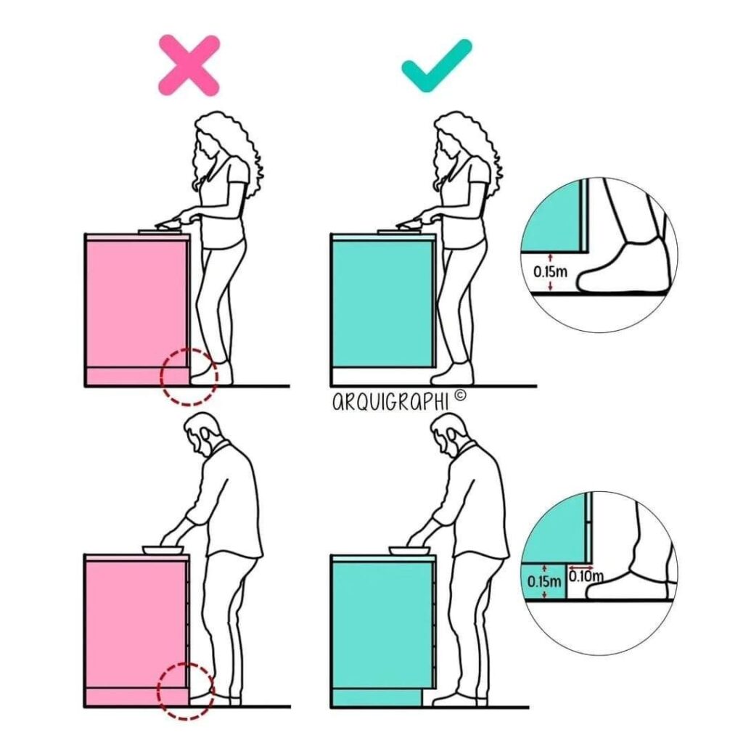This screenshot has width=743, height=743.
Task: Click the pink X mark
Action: [189, 65]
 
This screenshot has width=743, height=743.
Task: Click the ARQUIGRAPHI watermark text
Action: [390, 402]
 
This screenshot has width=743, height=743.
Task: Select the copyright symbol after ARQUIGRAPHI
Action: [459, 395]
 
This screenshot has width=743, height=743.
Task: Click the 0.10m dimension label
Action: [586, 576]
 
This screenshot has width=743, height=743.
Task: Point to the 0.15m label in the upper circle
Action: [550, 272]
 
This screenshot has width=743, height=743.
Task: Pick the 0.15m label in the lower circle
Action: [543, 581]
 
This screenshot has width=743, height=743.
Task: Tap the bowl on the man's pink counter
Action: [163, 550]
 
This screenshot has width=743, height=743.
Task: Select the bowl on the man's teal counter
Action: [409, 550]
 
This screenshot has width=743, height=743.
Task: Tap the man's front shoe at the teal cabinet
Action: [453, 699]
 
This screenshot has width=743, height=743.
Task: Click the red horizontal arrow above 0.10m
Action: [580, 567]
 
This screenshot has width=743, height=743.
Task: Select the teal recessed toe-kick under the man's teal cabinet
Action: [377, 698]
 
